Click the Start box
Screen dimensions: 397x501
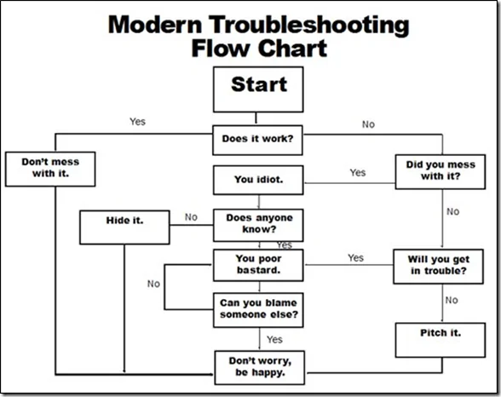[258, 89]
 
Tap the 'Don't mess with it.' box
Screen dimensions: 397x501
[49, 169]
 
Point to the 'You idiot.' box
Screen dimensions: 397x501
[258, 181]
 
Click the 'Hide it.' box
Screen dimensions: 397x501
[124, 226]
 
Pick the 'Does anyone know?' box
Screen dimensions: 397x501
[258, 223]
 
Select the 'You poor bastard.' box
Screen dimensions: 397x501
[258, 264]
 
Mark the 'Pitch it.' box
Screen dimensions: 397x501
[441, 339]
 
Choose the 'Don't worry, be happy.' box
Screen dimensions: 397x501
[258, 367]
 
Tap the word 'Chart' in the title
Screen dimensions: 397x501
[290, 48]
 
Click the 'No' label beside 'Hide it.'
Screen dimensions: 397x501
[191, 217]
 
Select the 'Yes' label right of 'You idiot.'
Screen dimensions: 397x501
[358, 173]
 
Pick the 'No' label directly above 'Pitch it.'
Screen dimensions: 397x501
[452, 300]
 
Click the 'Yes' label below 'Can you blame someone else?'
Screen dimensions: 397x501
[274, 339]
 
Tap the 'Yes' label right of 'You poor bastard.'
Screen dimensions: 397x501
[355, 257]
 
